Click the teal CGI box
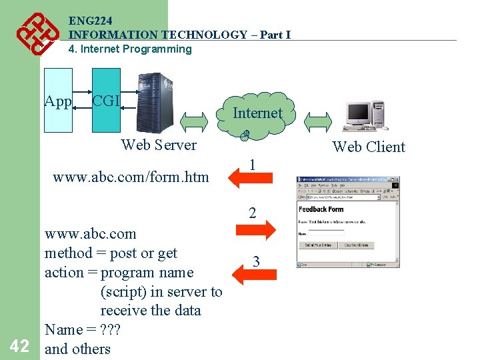coord(106,100)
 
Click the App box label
coord(58,101)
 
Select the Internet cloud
coord(257,115)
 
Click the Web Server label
coord(159,145)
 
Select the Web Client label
coord(369,147)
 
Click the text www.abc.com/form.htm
coord(131,177)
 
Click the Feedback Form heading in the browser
coord(321,209)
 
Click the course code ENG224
coord(90,21)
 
